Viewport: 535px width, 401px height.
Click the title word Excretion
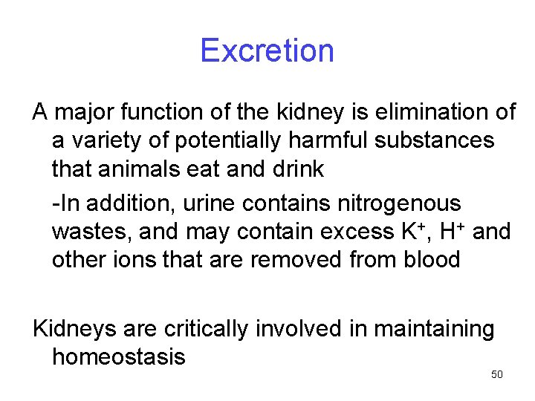(x=267, y=50)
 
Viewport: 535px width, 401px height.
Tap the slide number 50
(x=497, y=374)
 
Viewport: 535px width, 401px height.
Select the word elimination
(x=414, y=112)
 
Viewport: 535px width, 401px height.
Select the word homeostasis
(x=119, y=357)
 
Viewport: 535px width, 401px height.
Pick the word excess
(x=355, y=232)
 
